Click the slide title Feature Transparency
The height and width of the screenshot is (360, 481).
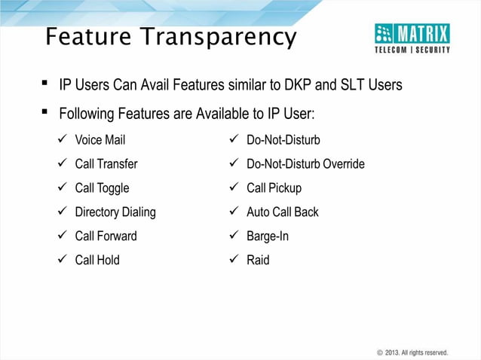170,37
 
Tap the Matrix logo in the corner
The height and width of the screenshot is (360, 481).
412,38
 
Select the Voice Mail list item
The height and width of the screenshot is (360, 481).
100,140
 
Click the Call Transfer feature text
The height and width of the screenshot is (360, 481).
106,164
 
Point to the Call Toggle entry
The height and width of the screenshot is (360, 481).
102,188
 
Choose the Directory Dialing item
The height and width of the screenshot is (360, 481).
115,212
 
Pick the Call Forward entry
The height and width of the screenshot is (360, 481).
106,236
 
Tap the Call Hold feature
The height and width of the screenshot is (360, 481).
97,261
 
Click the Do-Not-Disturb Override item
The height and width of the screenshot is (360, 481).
305,164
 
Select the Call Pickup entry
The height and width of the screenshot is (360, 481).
274,188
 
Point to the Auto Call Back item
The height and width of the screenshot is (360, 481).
283,212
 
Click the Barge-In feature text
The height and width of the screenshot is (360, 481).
268,236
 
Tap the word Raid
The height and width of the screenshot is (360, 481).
258,261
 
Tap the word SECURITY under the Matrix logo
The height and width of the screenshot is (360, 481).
432,50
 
